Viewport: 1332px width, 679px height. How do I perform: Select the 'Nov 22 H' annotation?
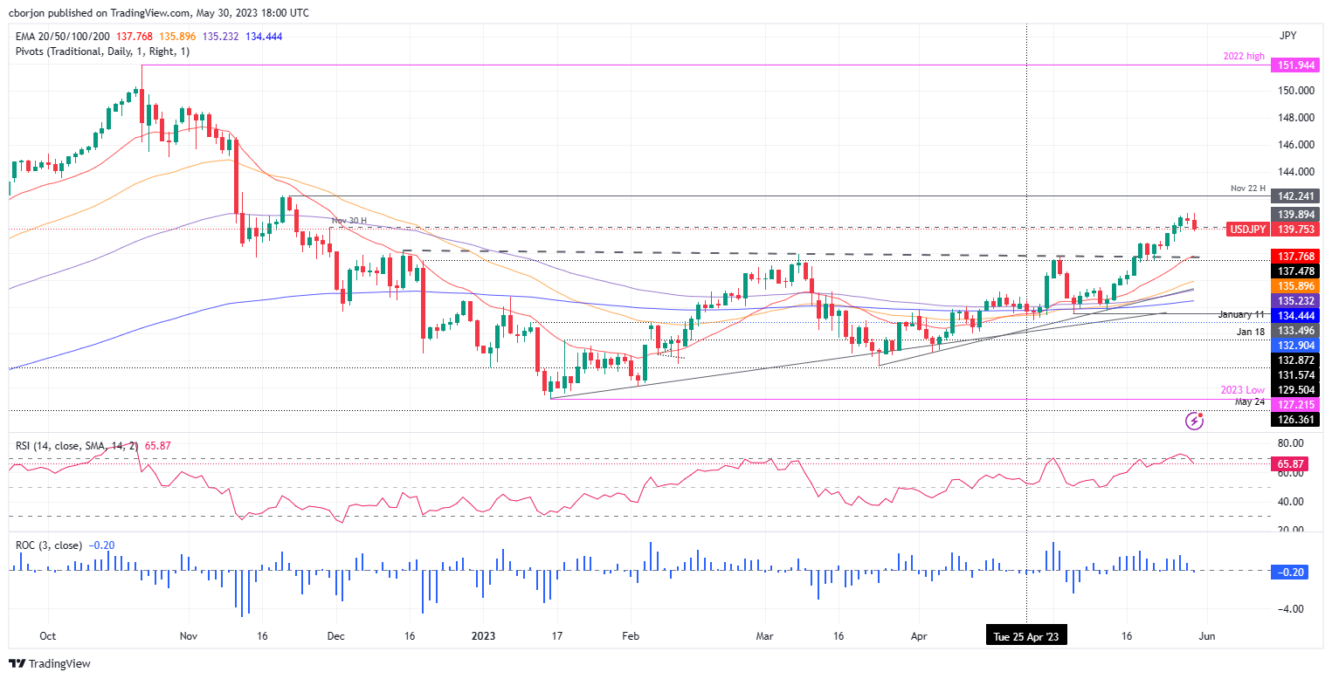pyautogui.click(x=1249, y=187)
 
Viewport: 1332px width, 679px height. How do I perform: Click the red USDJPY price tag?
pyautogui.click(x=1249, y=229)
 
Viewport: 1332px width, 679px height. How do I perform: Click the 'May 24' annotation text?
pyautogui.click(x=1251, y=401)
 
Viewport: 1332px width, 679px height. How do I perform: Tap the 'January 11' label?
pyautogui.click(x=1242, y=314)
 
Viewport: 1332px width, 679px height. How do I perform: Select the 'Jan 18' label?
pyautogui.click(x=1251, y=333)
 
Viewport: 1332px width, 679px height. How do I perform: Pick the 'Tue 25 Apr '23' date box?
pyautogui.click(x=1025, y=636)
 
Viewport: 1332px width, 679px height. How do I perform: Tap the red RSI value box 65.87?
pyautogui.click(x=1291, y=463)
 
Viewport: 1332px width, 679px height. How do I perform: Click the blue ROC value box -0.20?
pyautogui.click(x=1291, y=571)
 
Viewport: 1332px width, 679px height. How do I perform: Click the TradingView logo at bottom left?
pyautogui.click(x=50, y=663)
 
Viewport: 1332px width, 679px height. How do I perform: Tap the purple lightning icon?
pyautogui.click(x=1195, y=422)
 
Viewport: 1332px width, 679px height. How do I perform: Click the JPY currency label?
pyautogui.click(x=1287, y=36)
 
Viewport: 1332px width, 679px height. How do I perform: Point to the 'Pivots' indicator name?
pyautogui.click(x=31, y=51)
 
